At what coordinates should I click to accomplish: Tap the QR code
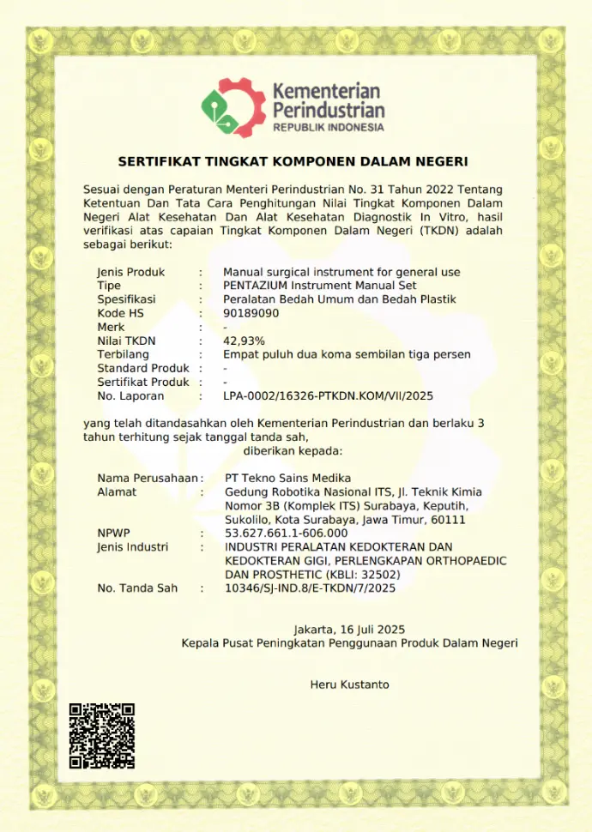(x=102, y=735)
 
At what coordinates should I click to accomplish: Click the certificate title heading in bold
(x=293, y=161)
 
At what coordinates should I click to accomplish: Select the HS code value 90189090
(x=251, y=313)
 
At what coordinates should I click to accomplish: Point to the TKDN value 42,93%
(x=245, y=341)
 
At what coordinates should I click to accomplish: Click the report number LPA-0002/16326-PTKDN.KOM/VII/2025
(x=329, y=396)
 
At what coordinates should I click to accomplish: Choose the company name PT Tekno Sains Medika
(x=287, y=478)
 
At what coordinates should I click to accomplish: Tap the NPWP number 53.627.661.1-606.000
(x=286, y=533)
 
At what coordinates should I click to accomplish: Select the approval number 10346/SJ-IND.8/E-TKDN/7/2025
(x=310, y=588)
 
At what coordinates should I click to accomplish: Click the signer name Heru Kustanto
(x=349, y=684)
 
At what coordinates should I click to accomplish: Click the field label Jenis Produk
(x=131, y=272)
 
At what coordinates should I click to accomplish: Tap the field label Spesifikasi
(x=126, y=299)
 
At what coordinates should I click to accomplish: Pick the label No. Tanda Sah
(x=137, y=588)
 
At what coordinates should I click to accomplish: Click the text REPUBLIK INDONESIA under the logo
(x=329, y=128)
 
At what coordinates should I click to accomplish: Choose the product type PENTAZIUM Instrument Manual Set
(x=319, y=286)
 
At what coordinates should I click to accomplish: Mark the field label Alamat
(x=117, y=491)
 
